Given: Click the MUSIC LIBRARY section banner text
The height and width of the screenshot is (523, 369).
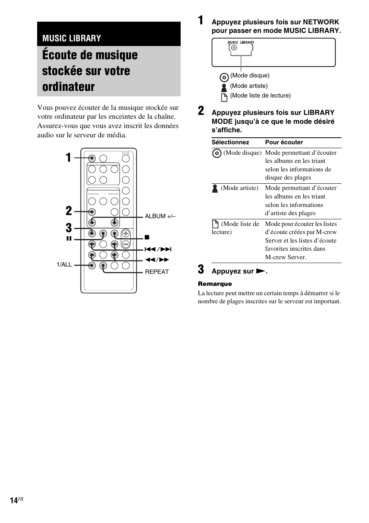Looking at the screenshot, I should click(72, 38).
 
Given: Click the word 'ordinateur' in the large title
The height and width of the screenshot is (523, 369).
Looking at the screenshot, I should click(68, 87).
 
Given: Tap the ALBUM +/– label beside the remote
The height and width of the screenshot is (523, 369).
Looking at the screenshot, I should click(160, 216).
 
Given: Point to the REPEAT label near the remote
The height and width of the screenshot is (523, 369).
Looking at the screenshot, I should click(157, 272).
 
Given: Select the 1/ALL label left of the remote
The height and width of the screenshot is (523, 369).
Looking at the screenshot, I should click(64, 265).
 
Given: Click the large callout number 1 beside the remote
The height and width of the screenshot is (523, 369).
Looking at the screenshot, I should click(68, 158).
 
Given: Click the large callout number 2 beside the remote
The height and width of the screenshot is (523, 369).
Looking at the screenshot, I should click(68, 211).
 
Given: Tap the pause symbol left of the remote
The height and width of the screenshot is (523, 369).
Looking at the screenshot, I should click(69, 239).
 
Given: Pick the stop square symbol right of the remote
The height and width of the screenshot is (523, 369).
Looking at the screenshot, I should click(147, 237).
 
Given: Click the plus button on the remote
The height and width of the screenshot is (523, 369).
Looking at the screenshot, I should click(126, 233).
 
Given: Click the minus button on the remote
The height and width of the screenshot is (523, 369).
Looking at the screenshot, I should click(126, 244).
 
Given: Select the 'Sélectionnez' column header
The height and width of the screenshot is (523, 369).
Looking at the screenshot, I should click(230, 142).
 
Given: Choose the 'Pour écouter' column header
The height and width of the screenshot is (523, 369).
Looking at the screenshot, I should click(284, 142).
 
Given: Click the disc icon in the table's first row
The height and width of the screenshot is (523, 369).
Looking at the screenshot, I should click(217, 153).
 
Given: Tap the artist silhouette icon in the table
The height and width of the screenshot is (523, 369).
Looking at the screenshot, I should click(215, 188).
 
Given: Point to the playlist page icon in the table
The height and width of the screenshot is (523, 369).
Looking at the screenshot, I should click(215, 224).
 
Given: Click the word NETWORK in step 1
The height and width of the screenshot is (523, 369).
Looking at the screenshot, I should click(321, 22).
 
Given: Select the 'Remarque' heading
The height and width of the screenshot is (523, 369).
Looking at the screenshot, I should click(215, 284).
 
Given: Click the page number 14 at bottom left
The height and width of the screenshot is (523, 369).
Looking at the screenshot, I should click(14, 501).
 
